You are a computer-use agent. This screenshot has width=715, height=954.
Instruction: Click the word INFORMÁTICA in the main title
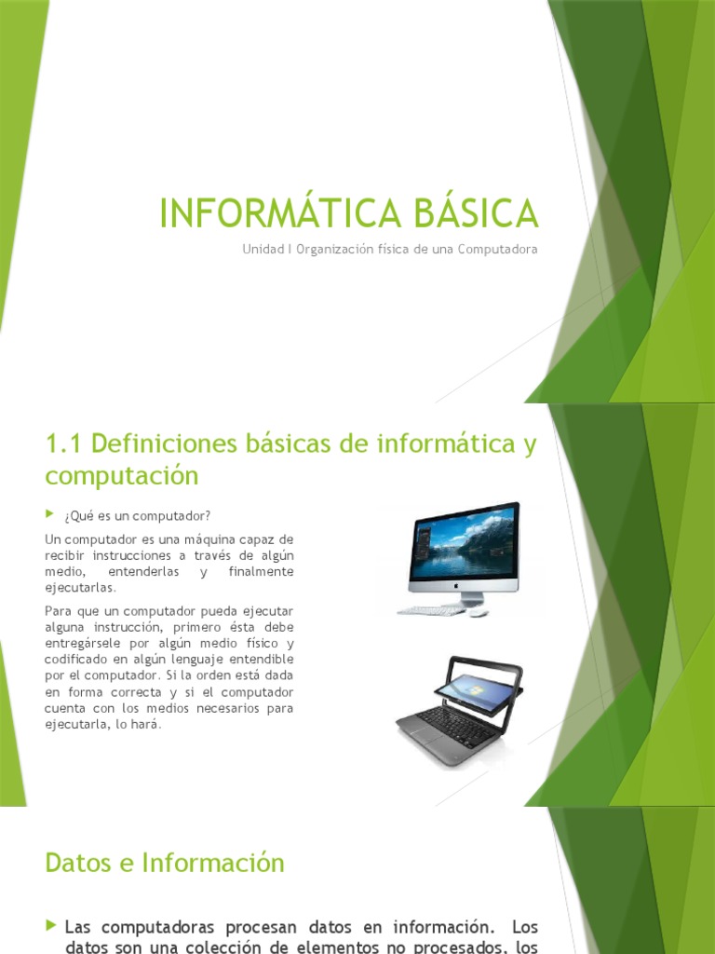[268, 212]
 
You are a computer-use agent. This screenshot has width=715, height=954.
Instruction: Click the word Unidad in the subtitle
[262, 250]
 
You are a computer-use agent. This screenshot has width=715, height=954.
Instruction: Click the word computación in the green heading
[122, 475]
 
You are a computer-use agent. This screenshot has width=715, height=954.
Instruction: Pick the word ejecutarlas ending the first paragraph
[80, 588]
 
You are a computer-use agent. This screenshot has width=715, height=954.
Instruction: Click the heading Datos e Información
[164, 863]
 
